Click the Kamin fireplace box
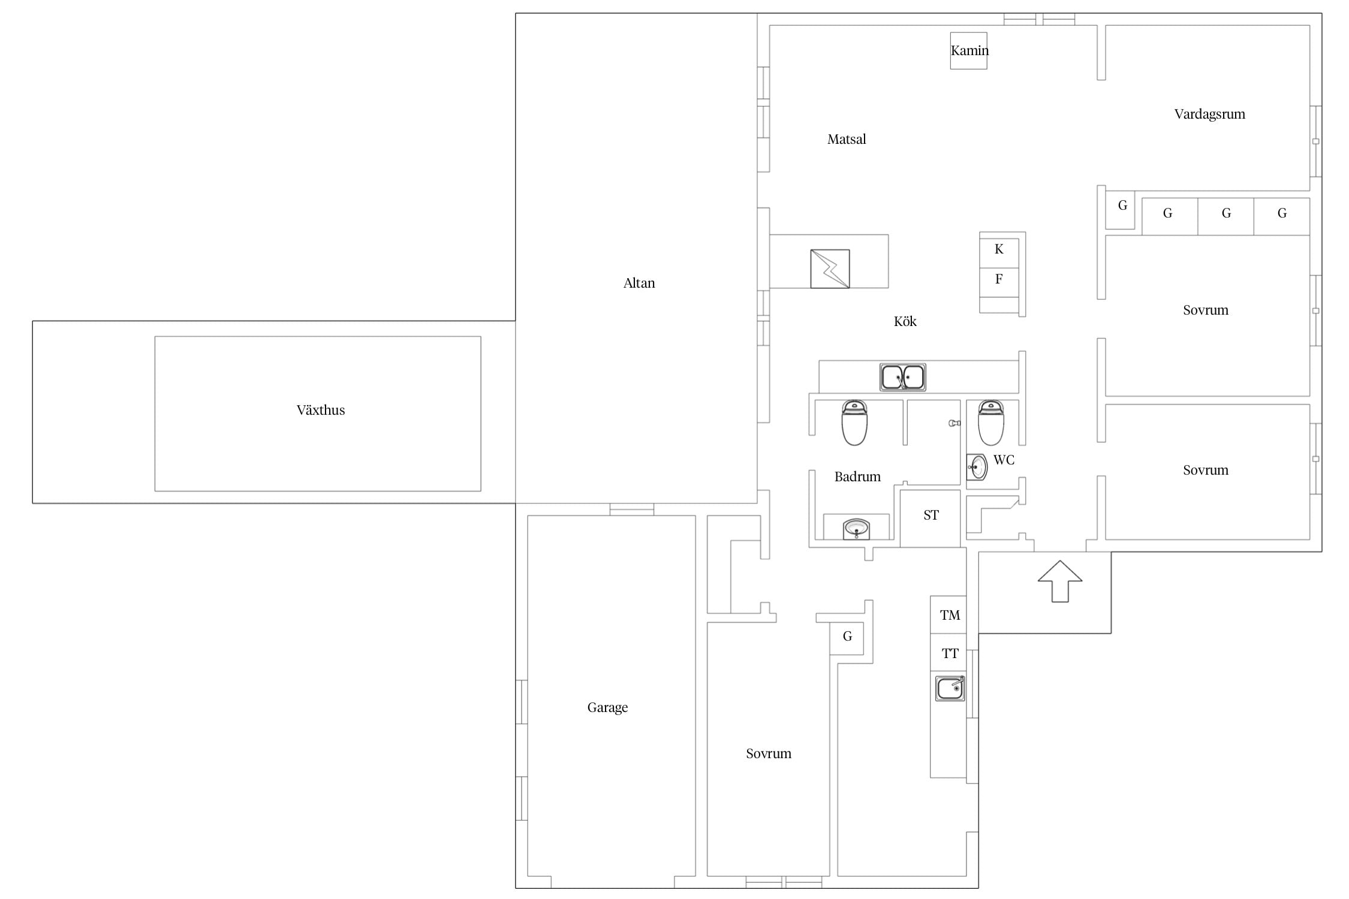click(x=968, y=51)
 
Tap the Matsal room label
click(x=847, y=139)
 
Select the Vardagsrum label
click(x=1209, y=114)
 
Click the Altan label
click(x=639, y=283)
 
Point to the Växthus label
click(x=321, y=410)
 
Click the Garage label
click(x=607, y=707)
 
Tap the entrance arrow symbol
click(x=1060, y=581)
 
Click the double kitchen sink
click(x=902, y=378)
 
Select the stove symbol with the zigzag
click(x=830, y=269)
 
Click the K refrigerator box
click(x=999, y=250)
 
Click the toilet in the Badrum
click(x=854, y=423)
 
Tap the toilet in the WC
click(x=991, y=423)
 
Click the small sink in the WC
click(x=977, y=467)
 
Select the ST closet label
click(x=931, y=515)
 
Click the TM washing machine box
click(x=948, y=614)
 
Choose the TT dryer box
click(x=948, y=652)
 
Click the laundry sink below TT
click(x=950, y=688)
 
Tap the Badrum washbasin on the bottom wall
click(x=856, y=529)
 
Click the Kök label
click(x=905, y=321)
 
